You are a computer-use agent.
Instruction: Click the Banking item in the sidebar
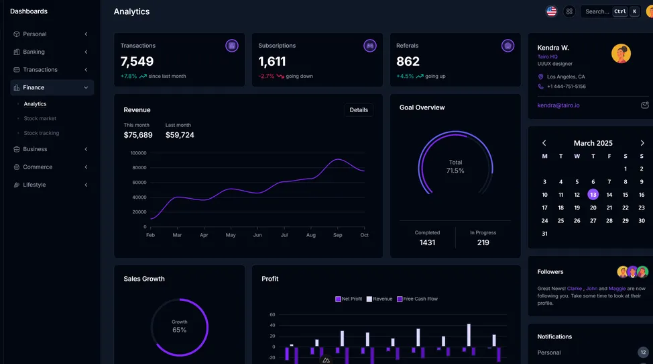34,52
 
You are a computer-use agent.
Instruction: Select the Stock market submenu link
40,119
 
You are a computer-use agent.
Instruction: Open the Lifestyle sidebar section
34,185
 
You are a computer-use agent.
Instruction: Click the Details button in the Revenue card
359,110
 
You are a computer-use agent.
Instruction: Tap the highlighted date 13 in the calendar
593,195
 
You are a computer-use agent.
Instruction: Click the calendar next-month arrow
642,143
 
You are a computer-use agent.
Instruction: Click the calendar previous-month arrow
544,143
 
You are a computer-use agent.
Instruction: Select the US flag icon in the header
551,11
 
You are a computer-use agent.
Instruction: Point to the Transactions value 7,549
137,62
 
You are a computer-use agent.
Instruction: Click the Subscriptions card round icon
369,46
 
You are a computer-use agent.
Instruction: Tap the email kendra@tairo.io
558,105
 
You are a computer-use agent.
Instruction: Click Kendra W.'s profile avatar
621,54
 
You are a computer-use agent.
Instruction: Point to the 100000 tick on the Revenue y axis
138,153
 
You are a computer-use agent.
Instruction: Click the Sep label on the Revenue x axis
337,235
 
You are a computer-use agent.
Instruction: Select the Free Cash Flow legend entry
418,299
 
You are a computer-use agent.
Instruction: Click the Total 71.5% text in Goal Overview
455,167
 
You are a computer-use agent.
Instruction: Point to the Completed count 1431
427,242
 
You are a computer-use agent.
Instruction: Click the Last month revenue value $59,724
180,135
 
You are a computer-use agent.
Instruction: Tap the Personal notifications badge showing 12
643,352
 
